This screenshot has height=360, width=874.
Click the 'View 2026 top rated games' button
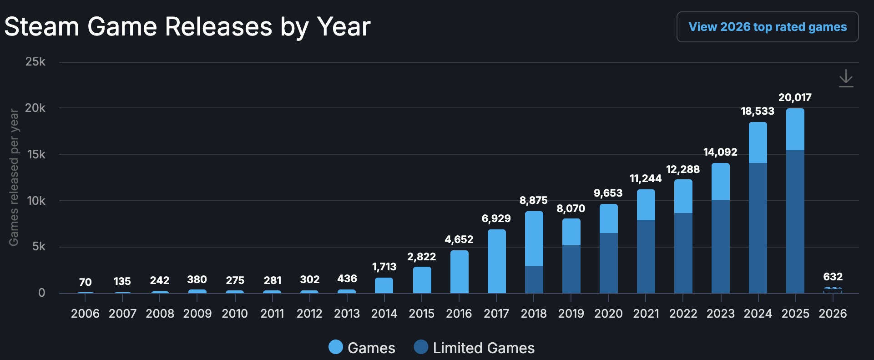click(x=768, y=27)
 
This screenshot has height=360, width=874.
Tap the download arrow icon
click(x=846, y=78)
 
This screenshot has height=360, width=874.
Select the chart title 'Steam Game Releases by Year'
click(x=187, y=26)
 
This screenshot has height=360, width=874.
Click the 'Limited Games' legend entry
click(x=474, y=348)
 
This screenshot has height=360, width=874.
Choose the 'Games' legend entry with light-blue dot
click(x=362, y=348)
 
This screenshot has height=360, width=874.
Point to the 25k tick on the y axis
click(x=35, y=61)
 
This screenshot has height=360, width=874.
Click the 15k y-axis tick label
click(x=36, y=154)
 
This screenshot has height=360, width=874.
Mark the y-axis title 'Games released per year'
click(x=14, y=177)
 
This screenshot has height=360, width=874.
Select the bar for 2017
click(x=496, y=261)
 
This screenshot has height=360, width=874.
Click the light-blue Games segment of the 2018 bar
click(x=534, y=238)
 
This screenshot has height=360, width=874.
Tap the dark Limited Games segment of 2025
click(x=795, y=222)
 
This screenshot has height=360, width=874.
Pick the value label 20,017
click(x=795, y=97)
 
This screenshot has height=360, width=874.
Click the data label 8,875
click(x=534, y=200)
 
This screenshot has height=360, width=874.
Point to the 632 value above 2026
click(x=833, y=277)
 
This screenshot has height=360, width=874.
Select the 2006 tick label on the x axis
click(x=85, y=314)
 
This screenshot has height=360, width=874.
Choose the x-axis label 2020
click(x=608, y=314)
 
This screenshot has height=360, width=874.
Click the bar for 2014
click(x=384, y=285)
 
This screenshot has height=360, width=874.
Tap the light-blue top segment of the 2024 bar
click(x=758, y=142)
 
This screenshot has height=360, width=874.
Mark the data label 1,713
click(x=384, y=267)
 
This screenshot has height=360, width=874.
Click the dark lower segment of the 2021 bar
click(x=646, y=257)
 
